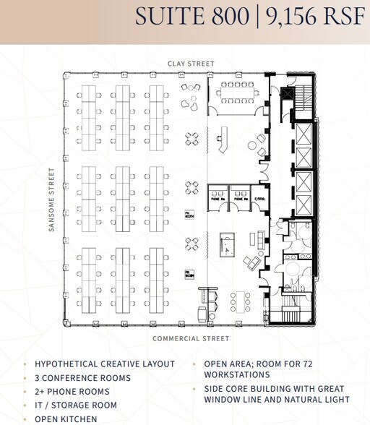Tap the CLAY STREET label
point(191,64)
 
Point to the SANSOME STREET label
point(51,199)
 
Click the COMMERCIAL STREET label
point(191,338)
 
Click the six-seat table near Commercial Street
point(238,299)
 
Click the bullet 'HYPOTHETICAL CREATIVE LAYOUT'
point(105,364)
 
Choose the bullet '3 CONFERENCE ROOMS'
point(83,378)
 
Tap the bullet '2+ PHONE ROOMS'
point(72,392)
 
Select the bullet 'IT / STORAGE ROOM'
point(76,405)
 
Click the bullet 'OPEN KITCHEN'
point(66,419)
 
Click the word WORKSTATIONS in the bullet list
point(238,375)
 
